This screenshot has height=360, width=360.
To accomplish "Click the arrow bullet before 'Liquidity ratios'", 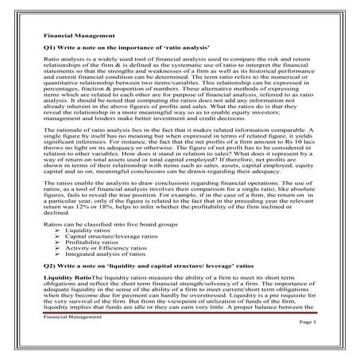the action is (x=62, y=232).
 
